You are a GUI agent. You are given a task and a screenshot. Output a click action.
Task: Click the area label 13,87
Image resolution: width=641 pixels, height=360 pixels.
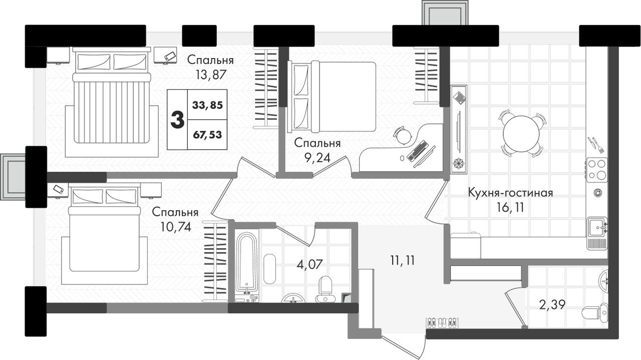(211, 75)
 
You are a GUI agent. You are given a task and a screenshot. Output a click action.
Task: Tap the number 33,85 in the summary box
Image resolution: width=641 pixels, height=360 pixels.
(207, 105)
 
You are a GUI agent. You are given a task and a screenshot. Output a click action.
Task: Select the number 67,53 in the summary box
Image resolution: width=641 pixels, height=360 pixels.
(207, 135)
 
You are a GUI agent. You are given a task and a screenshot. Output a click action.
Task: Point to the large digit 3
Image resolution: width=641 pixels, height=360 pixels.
(177, 120)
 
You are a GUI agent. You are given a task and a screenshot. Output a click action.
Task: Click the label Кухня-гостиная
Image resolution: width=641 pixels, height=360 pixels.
(510, 193)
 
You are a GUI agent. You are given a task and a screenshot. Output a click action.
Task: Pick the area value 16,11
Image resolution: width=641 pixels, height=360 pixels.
(510, 207)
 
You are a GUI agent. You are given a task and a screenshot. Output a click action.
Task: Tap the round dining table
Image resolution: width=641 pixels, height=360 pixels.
(521, 134)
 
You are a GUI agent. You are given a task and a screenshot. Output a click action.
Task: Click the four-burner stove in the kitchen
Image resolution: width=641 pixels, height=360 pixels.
(596, 170)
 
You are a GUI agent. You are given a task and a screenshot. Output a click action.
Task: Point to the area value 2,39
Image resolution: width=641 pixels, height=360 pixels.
(552, 305)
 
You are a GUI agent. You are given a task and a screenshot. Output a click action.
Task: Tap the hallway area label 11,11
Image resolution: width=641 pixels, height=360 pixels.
(402, 261)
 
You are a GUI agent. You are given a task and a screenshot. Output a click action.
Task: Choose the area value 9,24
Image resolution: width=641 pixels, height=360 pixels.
(317, 158)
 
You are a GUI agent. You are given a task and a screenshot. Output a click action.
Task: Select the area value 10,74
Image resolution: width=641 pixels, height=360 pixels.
(176, 227)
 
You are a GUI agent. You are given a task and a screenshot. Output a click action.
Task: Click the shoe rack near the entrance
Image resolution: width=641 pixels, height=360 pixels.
(442, 323)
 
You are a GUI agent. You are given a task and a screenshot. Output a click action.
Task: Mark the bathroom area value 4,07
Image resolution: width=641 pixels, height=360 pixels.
(310, 264)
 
